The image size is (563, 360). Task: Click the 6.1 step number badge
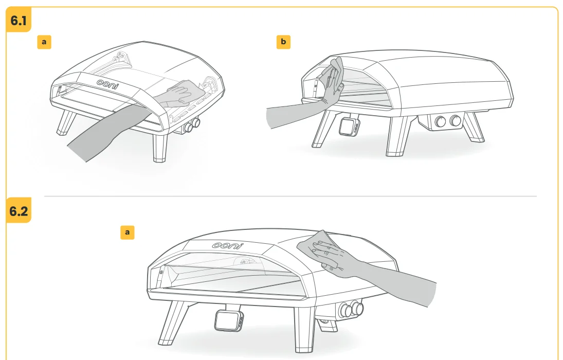(19, 20)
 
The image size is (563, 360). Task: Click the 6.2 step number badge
(19, 210)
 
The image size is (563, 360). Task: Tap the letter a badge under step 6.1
(44, 42)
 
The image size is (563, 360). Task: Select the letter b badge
(283, 42)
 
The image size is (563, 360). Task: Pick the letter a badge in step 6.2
(127, 232)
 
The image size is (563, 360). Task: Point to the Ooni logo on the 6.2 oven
(228, 245)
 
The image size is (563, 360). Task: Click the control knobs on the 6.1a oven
(191, 125)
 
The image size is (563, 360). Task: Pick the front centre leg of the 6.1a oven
(160, 147)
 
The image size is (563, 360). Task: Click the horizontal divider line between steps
(290, 196)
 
